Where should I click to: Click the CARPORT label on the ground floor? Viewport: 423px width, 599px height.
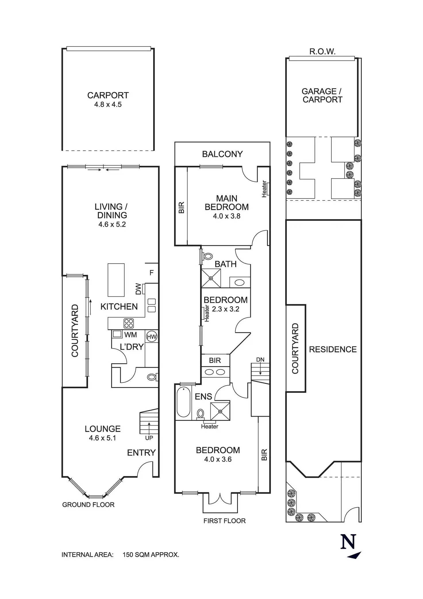pos(108,95)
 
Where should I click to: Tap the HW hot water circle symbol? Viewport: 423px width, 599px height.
pos(151,337)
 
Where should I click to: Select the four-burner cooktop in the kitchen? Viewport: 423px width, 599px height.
pos(128,323)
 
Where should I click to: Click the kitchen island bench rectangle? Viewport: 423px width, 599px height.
pos(116,280)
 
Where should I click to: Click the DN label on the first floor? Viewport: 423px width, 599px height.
pos(260,360)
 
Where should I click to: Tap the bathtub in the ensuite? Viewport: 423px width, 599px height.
pos(183,402)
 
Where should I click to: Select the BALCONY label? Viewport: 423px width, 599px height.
pos(222,154)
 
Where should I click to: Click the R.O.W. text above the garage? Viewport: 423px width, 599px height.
pos(322,52)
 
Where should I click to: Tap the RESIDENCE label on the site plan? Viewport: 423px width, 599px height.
pos(333,349)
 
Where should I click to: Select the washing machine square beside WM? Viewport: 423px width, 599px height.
pos(117,334)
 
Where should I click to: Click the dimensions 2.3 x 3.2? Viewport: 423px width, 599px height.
pos(226,309)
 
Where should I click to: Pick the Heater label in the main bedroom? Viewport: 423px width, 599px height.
pos(264,189)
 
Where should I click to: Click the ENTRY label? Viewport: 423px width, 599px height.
pos(141,453)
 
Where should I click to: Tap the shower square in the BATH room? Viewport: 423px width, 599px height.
pos(211,278)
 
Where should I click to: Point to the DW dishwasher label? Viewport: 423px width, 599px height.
pos(138,289)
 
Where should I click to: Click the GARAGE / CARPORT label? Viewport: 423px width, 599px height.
pos(322,95)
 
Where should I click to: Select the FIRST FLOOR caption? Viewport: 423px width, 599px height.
pos(224,521)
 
